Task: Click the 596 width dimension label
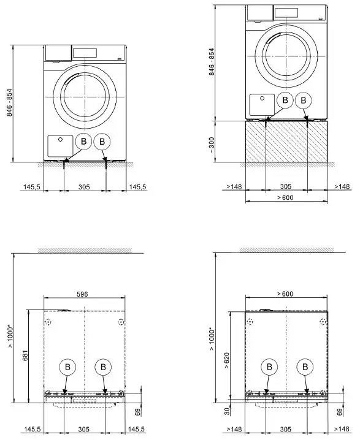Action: (x=82, y=295)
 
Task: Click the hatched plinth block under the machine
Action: (x=286, y=142)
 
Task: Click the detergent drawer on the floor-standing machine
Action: (x=57, y=53)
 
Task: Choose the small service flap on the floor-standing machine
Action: (x=60, y=146)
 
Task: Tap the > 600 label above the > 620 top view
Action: (x=285, y=295)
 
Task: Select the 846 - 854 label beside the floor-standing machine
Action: (x=9, y=104)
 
